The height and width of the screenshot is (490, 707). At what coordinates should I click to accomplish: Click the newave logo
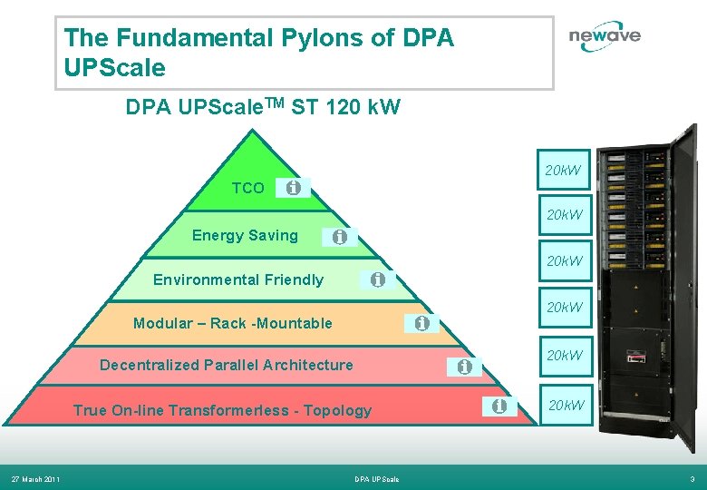click(605, 36)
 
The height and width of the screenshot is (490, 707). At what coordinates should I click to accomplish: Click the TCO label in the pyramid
click(247, 189)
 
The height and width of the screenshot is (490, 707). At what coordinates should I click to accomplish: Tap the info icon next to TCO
click(293, 188)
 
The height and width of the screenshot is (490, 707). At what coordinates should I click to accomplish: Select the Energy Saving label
click(245, 236)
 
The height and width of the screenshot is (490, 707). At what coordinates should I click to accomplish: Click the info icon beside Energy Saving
click(339, 237)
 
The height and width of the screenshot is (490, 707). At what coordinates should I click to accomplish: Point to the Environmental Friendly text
click(237, 279)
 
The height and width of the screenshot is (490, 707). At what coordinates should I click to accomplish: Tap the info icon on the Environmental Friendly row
click(377, 280)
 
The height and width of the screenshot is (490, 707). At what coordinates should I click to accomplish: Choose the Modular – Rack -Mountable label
click(232, 323)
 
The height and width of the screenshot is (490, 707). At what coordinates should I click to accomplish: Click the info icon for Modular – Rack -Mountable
click(421, 323)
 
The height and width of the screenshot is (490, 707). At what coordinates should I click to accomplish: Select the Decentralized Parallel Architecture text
click(226, 365)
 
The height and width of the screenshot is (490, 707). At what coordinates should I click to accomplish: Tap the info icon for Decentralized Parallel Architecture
click(464, 367)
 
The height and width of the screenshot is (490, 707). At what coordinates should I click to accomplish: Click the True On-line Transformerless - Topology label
click(222, 410)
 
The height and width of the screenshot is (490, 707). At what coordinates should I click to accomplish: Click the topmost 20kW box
click(564, 170)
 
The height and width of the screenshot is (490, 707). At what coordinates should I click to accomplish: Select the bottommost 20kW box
click(564, 405)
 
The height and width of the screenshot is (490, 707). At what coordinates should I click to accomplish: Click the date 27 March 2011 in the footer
click(35, 479)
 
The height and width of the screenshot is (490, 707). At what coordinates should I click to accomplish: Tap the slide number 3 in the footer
click(692, 479)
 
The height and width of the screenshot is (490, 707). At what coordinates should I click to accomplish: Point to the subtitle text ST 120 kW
click(347, 108)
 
